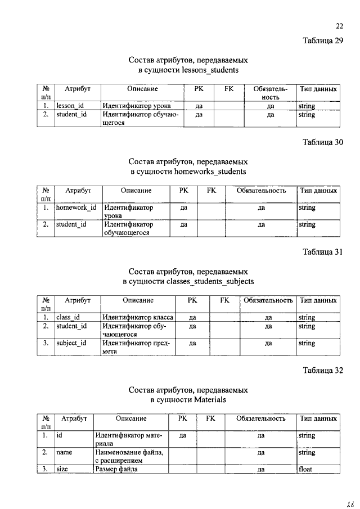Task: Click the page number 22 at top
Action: tap(339, 25)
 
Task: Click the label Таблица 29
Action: tap(322, 40)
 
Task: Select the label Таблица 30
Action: tap(322, 142)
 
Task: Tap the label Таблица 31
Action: tap(322, 252)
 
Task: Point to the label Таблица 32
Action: tap(322, 370)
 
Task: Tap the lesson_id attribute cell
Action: tap(70, 106)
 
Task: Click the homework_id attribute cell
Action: tap(76, 208)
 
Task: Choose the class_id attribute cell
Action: tap(68, 318)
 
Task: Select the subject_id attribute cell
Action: tap(71, 343)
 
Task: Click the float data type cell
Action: tap(307, 470)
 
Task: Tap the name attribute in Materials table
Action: tap(65, 452)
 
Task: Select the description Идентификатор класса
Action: tap(138, 318)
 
